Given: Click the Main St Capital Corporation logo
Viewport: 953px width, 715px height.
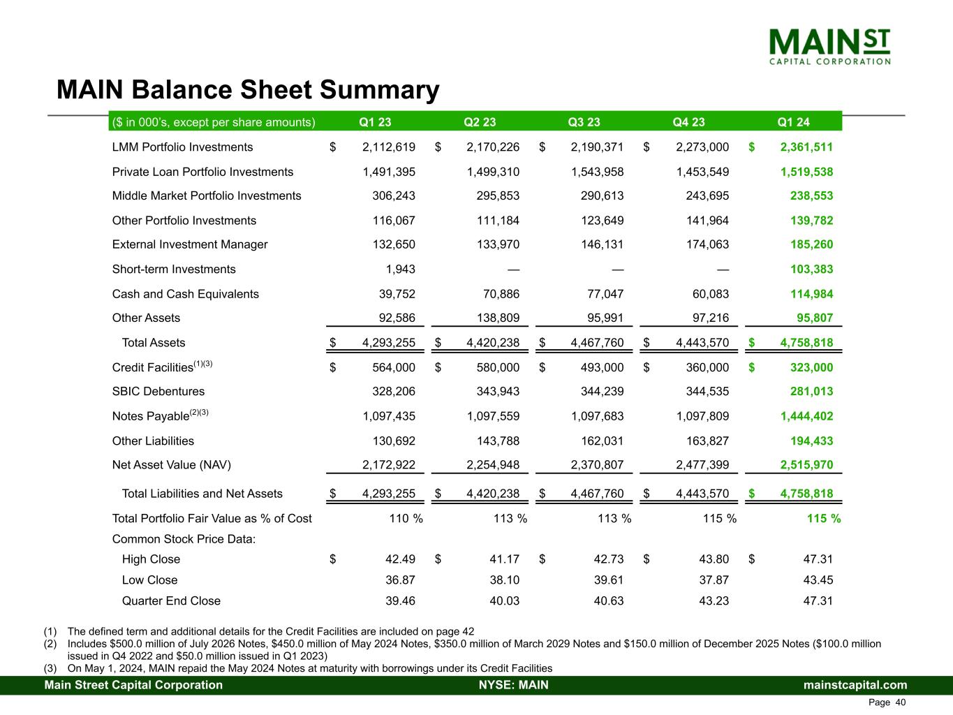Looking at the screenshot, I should [829, 46].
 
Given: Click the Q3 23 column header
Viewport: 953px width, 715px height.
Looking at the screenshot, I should [584, 122].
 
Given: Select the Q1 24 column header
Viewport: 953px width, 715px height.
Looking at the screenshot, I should [793, 122].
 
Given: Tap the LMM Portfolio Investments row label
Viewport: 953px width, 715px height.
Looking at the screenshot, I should [182, 147].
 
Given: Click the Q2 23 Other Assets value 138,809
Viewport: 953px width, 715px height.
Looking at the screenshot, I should [493, 318].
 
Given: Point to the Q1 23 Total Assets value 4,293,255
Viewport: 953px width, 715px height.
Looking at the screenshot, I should [389, 343].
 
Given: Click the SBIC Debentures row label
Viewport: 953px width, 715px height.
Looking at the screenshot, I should [158, 392].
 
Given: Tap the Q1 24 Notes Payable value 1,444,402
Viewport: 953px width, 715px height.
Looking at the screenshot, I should [806, 416].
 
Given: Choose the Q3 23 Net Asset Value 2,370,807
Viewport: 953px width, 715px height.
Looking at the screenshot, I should [598, 465].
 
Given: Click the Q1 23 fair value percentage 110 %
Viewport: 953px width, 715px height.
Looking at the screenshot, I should [405, 519].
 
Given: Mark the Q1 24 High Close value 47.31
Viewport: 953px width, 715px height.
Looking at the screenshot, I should [818, 559].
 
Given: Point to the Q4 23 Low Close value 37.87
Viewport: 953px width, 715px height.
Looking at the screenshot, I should [714, 580].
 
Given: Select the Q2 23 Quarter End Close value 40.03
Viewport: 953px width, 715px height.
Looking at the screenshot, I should [504, 601].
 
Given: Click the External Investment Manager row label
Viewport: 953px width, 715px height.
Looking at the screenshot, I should [190, 244].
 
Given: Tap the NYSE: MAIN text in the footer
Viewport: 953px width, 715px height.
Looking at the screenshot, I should [513, 685].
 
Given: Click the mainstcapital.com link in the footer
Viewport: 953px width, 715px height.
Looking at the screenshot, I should [855, 685].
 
